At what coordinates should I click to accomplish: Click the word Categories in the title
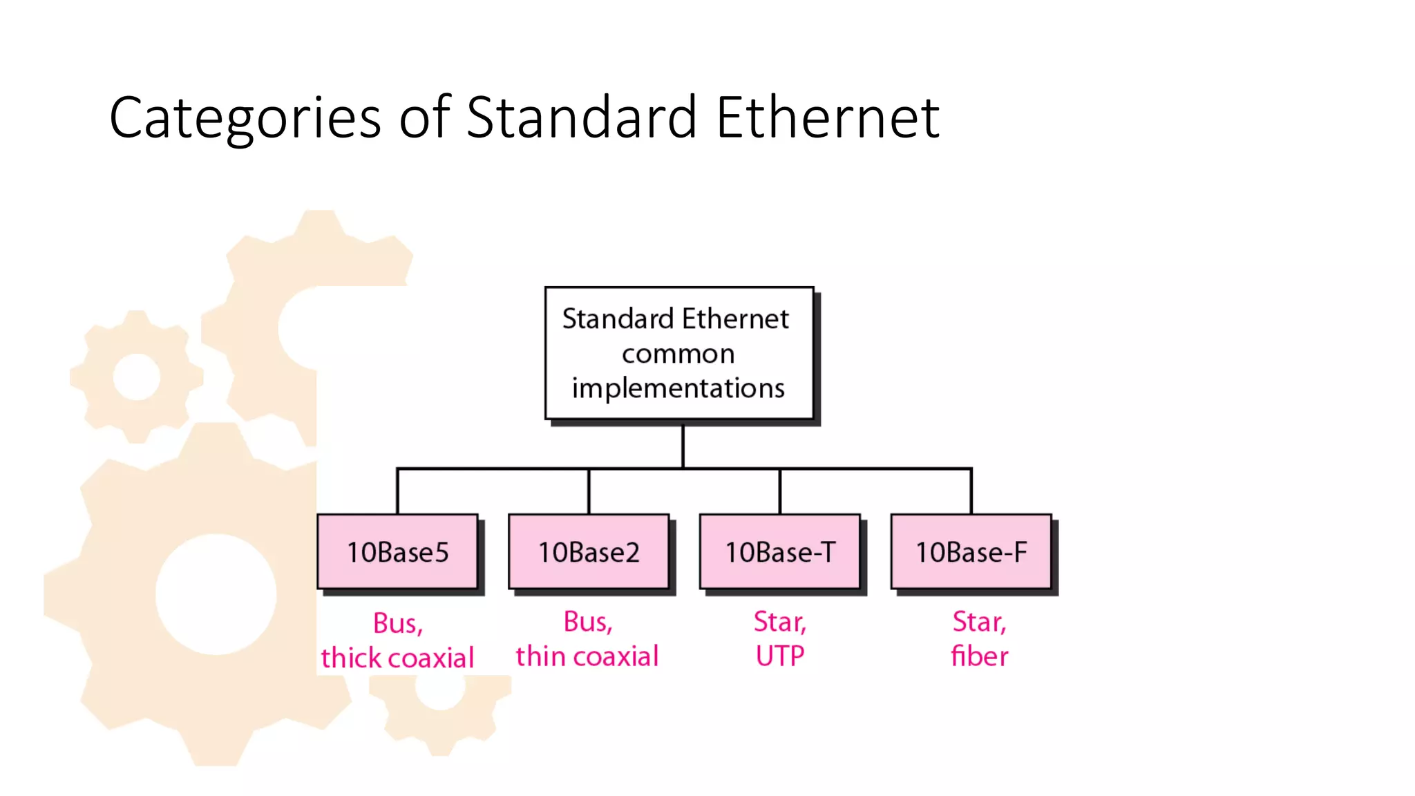tap(245, 118)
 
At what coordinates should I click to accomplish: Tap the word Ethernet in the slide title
tap(827, 117)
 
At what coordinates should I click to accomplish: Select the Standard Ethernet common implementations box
tap(678, 353)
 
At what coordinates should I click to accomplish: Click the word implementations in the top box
tap(678, 388)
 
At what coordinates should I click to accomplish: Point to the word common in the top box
tap(678, 354)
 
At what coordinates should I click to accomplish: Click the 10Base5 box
tap(397, 551)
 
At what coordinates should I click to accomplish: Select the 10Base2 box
tap(589, 551)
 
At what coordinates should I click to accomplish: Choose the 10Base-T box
tap(780, 551)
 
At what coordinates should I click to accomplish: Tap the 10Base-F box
tap(971, 551)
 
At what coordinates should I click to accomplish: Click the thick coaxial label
tap(397, 658)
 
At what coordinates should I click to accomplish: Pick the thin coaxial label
tap(587, 656)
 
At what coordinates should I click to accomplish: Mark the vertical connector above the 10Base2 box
tap(589, 491)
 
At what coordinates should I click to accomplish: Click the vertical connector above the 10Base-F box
tap(971, 491)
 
